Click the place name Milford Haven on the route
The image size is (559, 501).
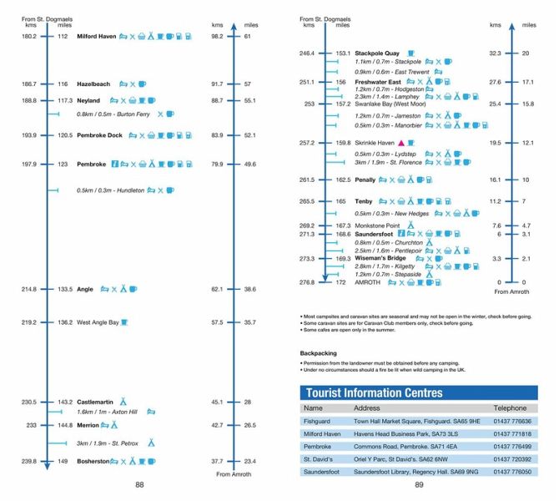[96, 37]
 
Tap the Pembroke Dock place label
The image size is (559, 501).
[99, 135]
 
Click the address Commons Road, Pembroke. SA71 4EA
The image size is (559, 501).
[401, 447]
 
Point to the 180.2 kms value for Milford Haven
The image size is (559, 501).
[29, 37]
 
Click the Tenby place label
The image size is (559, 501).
[364, 201]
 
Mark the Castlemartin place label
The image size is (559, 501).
[95, 402]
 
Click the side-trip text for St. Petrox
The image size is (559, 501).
[106, 442]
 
